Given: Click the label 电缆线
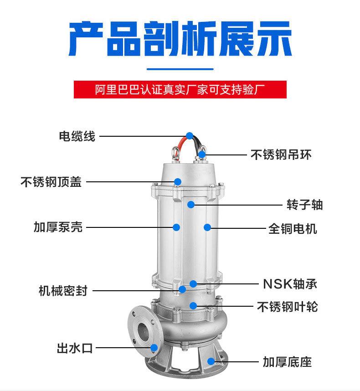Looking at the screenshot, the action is (77, 136).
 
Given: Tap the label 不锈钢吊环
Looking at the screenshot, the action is (281, 155).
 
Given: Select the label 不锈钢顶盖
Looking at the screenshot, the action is (51, 182).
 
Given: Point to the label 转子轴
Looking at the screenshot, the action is (304, 205).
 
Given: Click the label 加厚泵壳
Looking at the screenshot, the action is (58, 227).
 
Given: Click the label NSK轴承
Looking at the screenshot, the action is (290, 284).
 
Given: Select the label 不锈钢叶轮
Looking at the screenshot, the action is (287, 307).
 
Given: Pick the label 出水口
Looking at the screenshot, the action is (75, 349).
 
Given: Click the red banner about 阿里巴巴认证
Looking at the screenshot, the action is (180, 89).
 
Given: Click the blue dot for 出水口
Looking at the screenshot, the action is (154, 348).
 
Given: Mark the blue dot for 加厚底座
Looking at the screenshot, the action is (211, 361).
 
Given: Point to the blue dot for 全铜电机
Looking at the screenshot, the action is (207, 227).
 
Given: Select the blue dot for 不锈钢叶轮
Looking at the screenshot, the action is (193, 305).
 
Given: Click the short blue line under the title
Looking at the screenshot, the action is (180, 69).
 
